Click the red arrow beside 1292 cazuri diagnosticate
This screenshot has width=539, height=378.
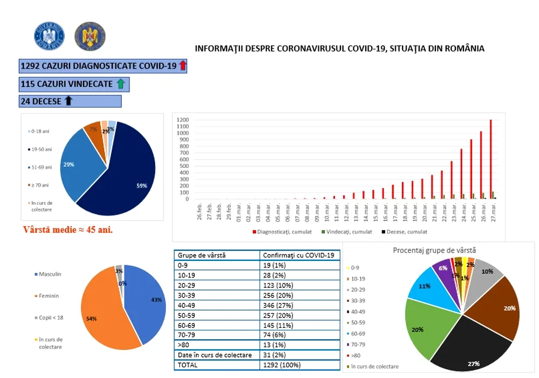click(182, 66)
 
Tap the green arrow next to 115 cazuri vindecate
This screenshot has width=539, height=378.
click(120, 84)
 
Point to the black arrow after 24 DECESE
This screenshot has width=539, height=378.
click(69, 101)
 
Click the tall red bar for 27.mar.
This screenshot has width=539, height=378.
click(490, 159)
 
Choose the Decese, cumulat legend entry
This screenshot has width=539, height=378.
click(404, 232)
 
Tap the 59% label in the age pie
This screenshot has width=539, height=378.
click(141, 186)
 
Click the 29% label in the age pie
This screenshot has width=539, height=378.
click(69, 164)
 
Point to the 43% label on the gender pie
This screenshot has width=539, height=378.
click(156, 300)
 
